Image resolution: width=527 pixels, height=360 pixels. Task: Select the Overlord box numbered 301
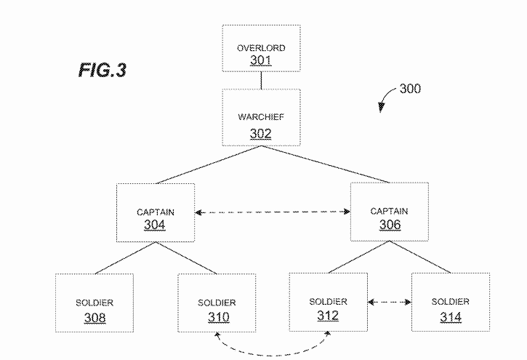261,49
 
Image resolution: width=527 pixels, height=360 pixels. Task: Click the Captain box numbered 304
156,212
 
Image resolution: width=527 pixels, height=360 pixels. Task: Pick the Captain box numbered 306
389,212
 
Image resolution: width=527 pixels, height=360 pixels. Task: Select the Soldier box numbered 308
94,303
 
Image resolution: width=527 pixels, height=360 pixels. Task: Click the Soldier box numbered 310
217,303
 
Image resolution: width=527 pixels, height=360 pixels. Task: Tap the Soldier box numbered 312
327,301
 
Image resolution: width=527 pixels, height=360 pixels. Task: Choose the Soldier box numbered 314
450,301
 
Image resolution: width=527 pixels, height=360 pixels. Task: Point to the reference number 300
409,89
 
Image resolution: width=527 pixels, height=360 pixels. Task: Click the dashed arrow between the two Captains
273,212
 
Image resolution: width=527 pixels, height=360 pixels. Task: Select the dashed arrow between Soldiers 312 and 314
388,301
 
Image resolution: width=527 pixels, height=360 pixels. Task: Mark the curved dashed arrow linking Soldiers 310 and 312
273,351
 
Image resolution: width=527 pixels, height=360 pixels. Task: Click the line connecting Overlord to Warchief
261,80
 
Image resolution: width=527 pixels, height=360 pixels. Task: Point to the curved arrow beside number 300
385,99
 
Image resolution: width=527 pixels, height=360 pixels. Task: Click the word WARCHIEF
261,116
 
